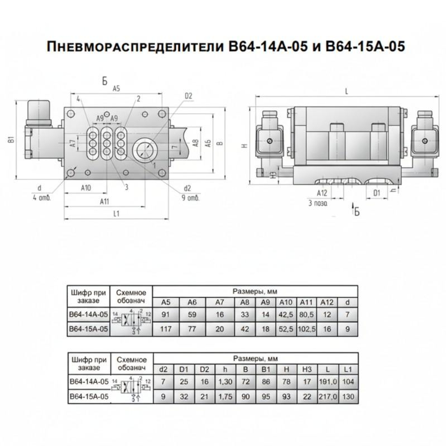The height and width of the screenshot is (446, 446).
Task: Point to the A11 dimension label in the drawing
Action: pos(104,202)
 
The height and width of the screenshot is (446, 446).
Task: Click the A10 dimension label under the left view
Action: pos(86,188)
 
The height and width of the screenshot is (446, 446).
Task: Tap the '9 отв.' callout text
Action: pos(190,198)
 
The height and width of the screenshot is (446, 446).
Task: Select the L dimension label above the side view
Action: pos(347,91)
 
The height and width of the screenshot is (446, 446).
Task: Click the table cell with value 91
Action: pos(165,315)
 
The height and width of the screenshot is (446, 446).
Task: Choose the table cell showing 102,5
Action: pos(306,329)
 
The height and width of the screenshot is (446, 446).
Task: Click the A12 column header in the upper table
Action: pos(327,302)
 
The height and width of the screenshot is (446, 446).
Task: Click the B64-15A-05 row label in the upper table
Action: pos(88,329)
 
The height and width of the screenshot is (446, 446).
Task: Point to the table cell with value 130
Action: pos(348,396)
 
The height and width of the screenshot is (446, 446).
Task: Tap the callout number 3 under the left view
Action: pos(127,187)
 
